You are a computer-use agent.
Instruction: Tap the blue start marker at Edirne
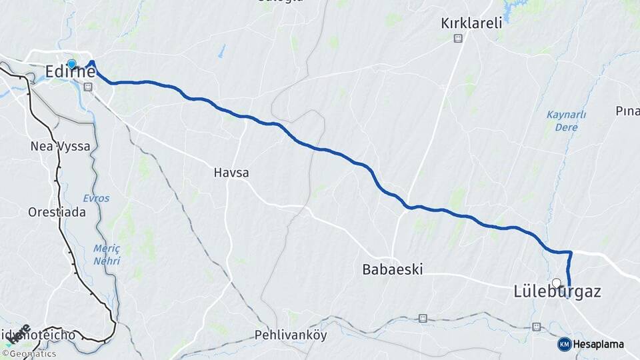pyautogui.click(x=71, y=64)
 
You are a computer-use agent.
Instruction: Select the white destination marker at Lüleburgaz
pyautogui.click(x=557, y=282)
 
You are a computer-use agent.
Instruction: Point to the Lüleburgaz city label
pyautogui.click(x=557, y=292)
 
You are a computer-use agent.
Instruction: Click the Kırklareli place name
pyautogui.click(x=471, y=23)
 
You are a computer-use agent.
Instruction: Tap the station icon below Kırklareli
pyautogui.click(x=458, y=39)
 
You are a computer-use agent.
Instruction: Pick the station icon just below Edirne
pyautogui.click(x=87, y=86)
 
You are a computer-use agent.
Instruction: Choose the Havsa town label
pyautogui.click(x=231, y=173)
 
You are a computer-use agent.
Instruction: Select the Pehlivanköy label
pyautogui.click(x=291, y=335)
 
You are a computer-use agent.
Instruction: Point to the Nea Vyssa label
pyautogui.click(x=60, y=146)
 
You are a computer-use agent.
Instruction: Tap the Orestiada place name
pyautogui.click(x=57, y=213)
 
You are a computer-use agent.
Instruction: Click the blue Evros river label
pyautogui.click(x=96, y=198)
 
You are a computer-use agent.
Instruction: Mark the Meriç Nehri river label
pyautogui.click(x=107, y=255)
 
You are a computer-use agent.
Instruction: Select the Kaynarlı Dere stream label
pyautogui.click(x=567, y=121)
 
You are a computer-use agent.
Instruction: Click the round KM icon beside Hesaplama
pyautogui.click(x=565, y=344)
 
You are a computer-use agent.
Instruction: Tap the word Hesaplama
pyautogui.click(x=599, y=344)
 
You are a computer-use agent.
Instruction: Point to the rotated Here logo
pyautogui.click(x=21, y=333)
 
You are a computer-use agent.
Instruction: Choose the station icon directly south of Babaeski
pyautogui.click(x=423, y=318)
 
